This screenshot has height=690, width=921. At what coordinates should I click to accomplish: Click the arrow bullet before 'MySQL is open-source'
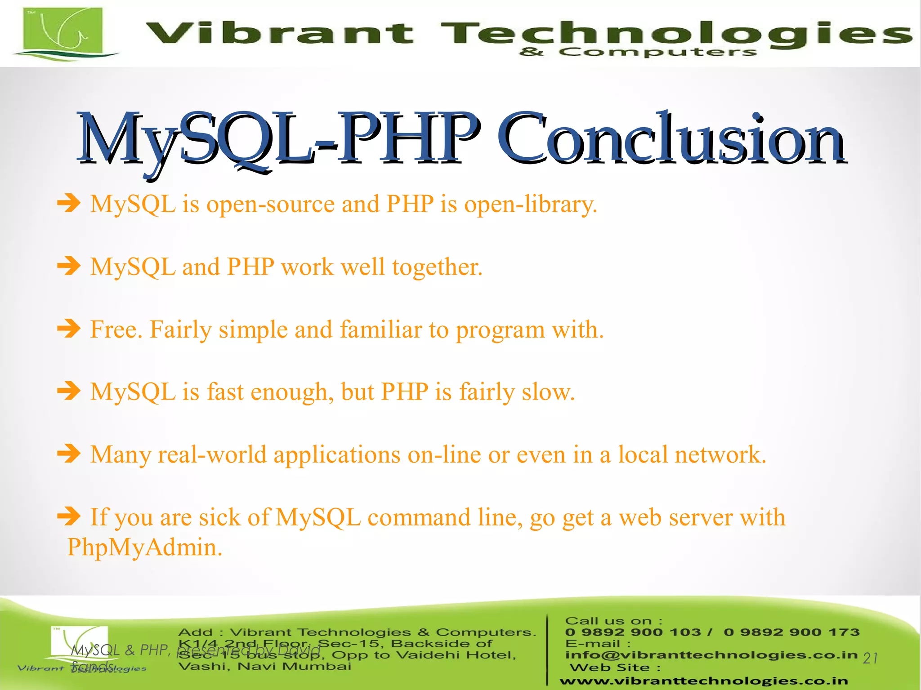coord(69,203)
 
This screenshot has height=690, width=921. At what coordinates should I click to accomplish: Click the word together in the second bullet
coord(436,267)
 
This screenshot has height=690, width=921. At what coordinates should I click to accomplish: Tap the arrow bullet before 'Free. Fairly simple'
coord(69,329)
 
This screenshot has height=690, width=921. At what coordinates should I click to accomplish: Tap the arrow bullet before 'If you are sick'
coord(69,516)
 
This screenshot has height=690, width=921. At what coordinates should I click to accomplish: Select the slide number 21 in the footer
coord(870,658)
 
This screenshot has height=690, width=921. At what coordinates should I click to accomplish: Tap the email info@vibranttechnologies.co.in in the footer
coord(711,654)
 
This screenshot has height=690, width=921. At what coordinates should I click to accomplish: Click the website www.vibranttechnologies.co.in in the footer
coord(703,681)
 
